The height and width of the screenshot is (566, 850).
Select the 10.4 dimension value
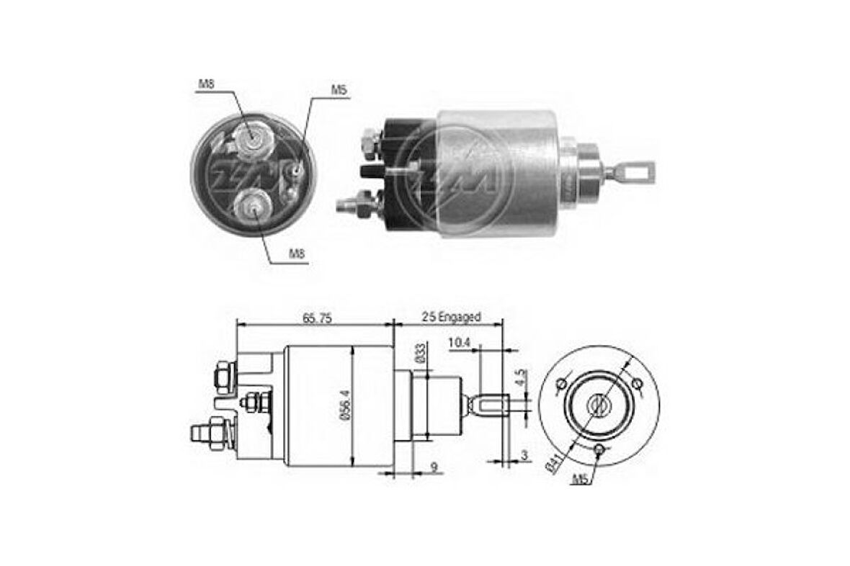pos(459,343)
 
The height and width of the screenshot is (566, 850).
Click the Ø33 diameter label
pos(420,354)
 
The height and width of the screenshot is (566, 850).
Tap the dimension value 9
pos(434,467)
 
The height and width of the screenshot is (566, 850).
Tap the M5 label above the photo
pos(339,90)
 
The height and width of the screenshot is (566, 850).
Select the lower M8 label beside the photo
pos(296,253)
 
